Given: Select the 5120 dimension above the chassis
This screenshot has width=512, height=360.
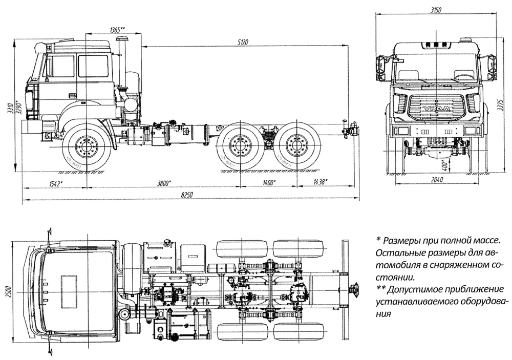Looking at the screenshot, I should [x=243, y=43].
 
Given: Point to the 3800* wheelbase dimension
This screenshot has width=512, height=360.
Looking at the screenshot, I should [x=164, y=183].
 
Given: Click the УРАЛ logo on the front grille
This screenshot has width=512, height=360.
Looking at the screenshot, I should [x=436, y=111].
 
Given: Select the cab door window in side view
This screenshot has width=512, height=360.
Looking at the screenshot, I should [x=93, y=66].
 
